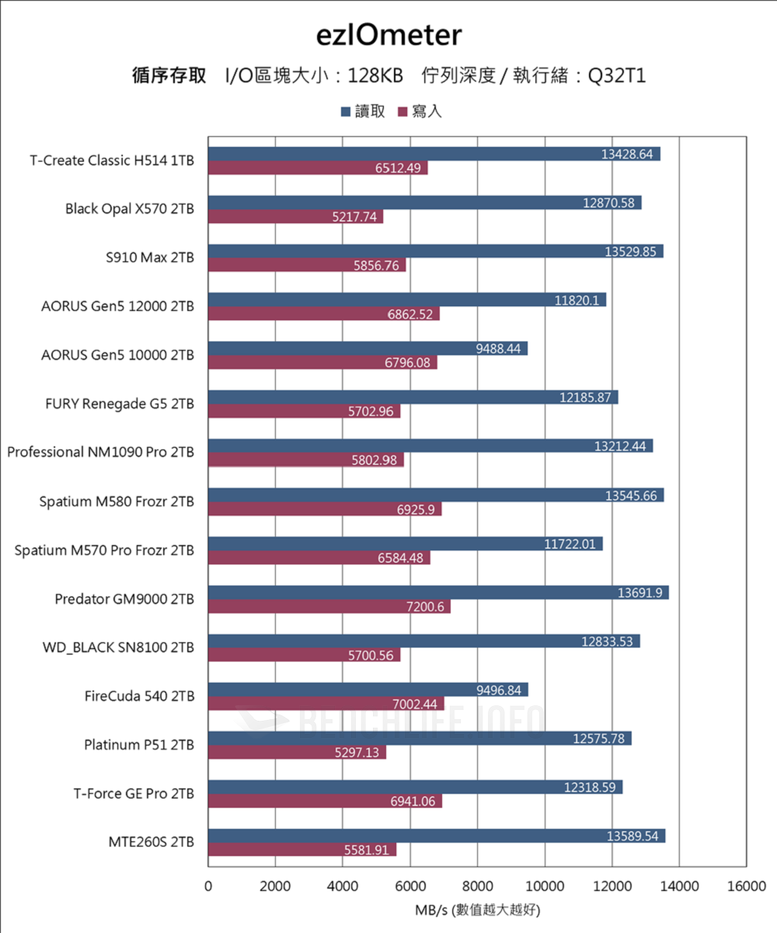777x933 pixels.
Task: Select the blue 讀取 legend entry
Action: (x=364, y=111)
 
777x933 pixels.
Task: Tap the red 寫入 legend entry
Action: (x=420, y=111)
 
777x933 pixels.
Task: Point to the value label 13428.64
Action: (x=627, y=154)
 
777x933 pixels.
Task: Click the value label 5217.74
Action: (x=354, y=217)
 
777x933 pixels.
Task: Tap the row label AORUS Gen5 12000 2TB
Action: (x=117, y=306)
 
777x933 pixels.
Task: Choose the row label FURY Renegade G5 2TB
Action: (x=120, y=404)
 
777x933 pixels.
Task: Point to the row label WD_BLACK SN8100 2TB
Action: (x=117, y=647)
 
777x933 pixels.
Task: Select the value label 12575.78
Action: (x=598, y=739)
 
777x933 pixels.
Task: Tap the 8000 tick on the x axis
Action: (x=477, y=886)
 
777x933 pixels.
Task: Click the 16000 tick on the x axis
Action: (x=747, y=886)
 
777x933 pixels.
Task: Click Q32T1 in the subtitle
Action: (x=617, y=76)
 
